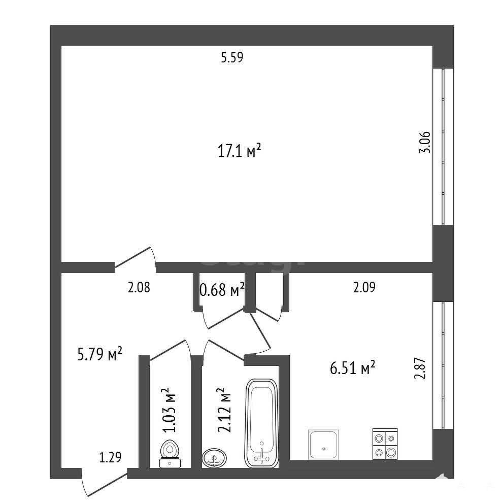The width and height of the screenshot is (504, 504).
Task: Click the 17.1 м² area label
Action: point(239,151)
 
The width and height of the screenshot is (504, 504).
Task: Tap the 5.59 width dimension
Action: point(232,57)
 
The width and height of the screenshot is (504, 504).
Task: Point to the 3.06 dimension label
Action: point(425,143)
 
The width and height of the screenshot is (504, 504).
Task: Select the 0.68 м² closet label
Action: point(222,290)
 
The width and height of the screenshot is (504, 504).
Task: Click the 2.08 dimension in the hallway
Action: point(139,287)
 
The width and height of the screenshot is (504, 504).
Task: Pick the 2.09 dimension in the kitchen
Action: point(364,287)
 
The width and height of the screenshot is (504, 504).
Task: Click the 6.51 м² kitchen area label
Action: point(353,367)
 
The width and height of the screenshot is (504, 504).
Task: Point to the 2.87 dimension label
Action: point(420,368)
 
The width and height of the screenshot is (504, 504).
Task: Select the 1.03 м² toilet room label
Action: point(170,410)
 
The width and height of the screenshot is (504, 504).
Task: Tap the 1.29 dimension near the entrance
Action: point(110,457)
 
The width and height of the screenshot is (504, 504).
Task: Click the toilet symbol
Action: point(170,454)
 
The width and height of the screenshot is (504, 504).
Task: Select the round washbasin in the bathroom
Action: point(214,458)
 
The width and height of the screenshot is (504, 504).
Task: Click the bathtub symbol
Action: point(261,423)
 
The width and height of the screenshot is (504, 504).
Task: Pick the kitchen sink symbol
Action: point(323,444)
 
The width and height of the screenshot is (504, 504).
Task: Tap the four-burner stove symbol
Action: point(385,444)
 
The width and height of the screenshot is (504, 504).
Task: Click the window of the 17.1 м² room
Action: point(443,147)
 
